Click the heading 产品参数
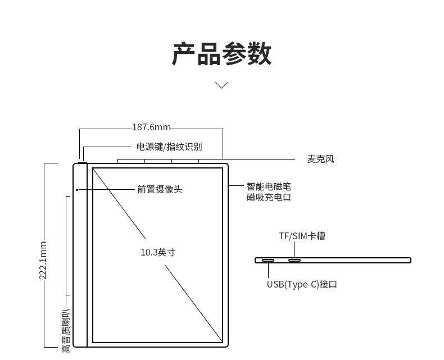coord(221,54)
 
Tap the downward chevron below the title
coord(222,85)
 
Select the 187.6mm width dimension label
coord(151,127)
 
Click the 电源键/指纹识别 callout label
coord(169,147)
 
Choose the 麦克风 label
coord(320,159)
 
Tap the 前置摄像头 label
coord(160,189)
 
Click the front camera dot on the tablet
coord(77,189)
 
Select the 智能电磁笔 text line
coord(269,186)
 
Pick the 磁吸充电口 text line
coord(269,197)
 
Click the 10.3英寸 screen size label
coord(158,252)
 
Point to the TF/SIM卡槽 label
coord(302,236)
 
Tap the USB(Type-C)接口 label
coord(302,284)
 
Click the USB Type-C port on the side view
coord(268,261)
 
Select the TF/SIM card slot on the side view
coord(295,261)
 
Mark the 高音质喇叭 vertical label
coord(66,331)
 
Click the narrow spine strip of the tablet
coord(80,256)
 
